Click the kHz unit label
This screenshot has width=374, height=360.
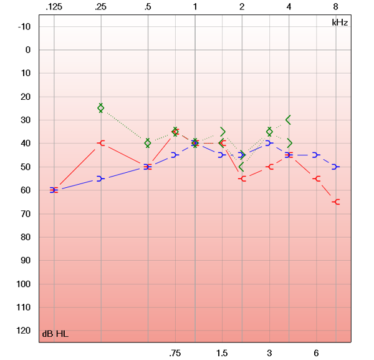pos(340,22)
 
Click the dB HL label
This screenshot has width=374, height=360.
pos(55,334)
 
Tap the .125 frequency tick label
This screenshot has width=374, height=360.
pos(54,6)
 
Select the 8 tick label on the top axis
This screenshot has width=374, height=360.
pos(336,6)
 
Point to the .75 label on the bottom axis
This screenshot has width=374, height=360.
pos(175,353)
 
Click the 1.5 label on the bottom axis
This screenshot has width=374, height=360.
pos(222,353)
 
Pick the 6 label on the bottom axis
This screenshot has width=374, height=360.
pos(316,353)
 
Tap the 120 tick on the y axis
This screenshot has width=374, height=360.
pos(24,331)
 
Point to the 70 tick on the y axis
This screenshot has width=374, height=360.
pos(26,214)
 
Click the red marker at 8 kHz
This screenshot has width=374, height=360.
pos(336,202)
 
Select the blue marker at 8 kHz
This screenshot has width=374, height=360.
pos(335,167)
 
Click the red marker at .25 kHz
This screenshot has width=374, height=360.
pos(101,144)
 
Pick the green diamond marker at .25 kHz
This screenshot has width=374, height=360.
pos(101,108)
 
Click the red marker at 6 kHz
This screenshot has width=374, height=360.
pos(317,178)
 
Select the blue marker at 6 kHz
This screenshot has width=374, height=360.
pos(316,155)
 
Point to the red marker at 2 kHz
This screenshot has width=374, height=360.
pos(242,179)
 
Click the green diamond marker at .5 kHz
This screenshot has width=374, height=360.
pos(148,143)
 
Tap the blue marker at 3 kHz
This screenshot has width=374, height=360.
pos(269,144)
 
